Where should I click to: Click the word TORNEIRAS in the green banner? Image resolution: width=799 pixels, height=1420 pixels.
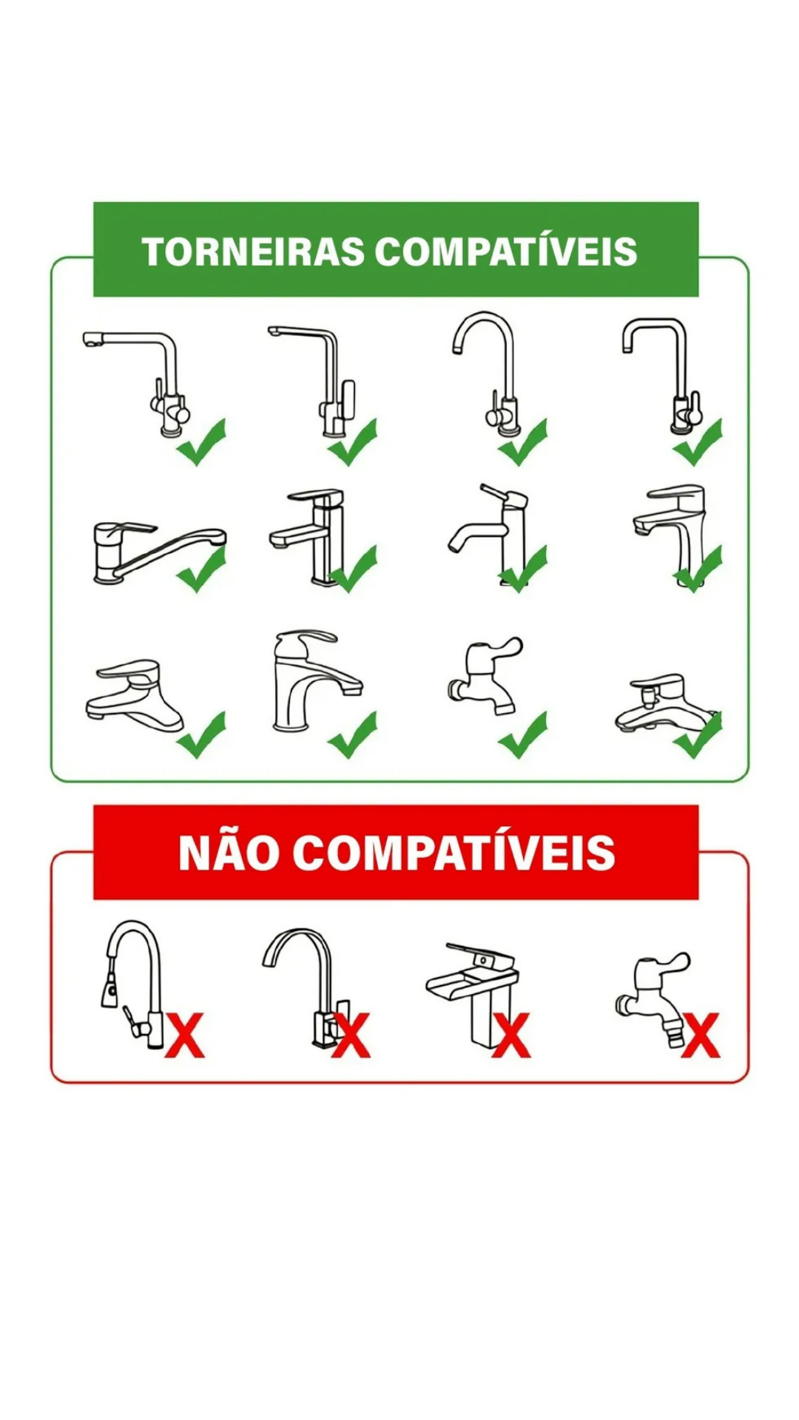[x=253, y=251]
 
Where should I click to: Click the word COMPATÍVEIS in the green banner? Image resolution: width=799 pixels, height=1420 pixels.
[x=506, y=251]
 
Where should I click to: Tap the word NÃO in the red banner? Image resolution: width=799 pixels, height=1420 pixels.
[x=228, y=853]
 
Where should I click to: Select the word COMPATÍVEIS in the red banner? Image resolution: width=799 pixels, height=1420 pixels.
[x=454, y=853]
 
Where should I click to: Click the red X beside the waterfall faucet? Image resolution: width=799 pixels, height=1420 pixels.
[x=511, y=1035]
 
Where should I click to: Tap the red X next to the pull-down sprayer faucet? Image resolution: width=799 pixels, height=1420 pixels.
[x=184, y=1035]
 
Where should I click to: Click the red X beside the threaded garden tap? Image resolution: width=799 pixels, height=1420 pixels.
[x=700, y=1035]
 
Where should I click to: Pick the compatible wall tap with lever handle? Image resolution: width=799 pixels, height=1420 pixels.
[x=485, y=673]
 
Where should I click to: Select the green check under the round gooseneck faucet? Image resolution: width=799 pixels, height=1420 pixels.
[x=523, y=442]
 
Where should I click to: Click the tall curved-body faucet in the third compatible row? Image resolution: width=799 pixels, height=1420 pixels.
[x=311, y=680]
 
